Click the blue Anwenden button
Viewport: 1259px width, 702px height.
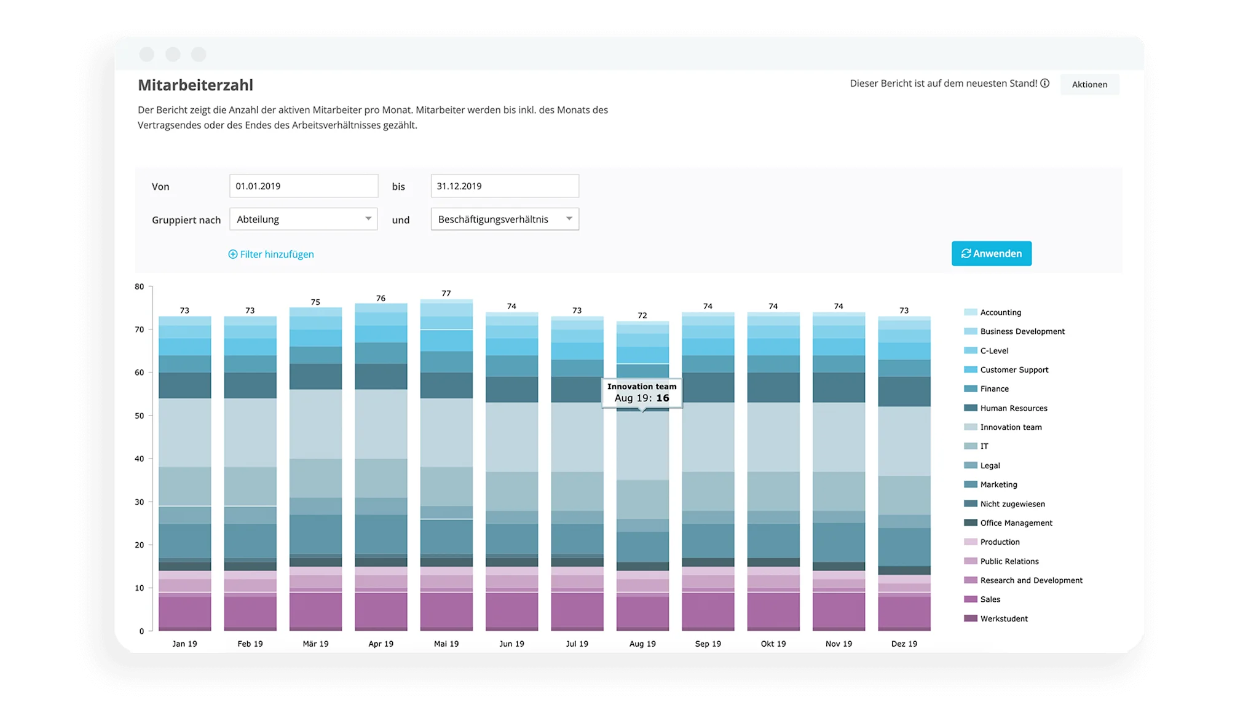pos(991,254)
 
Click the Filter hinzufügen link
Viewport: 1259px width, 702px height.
pos(271,254)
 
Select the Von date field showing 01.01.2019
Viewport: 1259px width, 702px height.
pos(304,186)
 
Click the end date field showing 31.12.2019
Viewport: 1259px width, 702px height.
pos(505,186)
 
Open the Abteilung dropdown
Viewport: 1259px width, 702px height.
pos(304,219)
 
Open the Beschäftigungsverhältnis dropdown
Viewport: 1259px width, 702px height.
pos(505,219)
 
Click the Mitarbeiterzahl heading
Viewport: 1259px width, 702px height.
pos(195,85)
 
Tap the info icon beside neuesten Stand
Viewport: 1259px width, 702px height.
pos(1044,84)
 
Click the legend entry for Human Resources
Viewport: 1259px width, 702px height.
pos(1013,408)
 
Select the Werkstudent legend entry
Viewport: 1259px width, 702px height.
pos(1003,618)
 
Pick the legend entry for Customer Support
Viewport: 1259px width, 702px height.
pos(1014,370)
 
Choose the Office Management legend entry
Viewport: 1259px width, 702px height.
pos(1016,523)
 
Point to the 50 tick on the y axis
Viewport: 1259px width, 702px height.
pos(140,416)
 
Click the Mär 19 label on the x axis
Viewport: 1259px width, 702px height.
pos(315,644)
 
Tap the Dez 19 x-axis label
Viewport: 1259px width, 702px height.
pos(904,644)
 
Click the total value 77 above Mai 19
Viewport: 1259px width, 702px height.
pos(446,294)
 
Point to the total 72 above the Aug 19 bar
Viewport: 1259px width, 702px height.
pos(642,315)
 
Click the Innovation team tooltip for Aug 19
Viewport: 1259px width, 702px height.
pos(642,392)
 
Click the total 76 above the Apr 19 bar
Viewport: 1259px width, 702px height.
pos(381,299)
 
